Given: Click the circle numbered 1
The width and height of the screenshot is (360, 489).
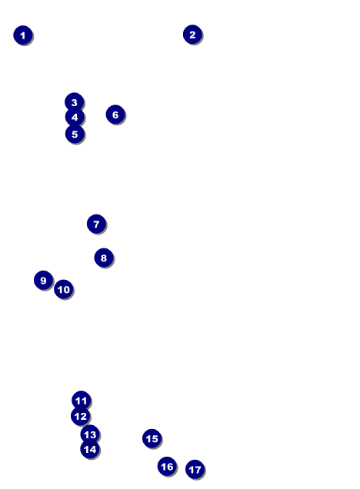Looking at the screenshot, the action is [23, 35].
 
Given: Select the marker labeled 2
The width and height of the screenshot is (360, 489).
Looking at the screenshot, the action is [192, 35].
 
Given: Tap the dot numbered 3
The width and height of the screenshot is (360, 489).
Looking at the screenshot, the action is [75, 102].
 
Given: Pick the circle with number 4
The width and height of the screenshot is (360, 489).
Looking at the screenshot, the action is [75, 118].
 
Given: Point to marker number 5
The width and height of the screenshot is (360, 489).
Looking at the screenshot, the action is [75, 134].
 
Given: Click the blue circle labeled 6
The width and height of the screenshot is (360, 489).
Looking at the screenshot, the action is [115, 115].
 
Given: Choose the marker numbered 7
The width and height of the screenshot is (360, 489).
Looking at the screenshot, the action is [96, 224].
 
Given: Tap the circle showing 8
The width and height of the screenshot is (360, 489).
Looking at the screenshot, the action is [104, 258].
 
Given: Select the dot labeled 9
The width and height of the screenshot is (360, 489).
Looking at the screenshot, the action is [43, 280].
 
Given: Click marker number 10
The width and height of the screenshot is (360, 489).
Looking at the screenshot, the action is [64, 289].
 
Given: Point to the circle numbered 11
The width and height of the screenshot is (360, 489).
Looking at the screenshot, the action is [81, 400].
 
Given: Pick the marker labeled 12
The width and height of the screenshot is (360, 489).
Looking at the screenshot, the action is [81, 416].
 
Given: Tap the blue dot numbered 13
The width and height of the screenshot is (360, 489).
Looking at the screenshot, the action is [90, 434].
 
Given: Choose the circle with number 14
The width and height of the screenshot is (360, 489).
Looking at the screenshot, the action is [90, 449].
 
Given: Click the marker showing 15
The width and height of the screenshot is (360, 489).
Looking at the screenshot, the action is [152, 438].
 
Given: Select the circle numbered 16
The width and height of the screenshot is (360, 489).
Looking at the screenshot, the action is [167, 466].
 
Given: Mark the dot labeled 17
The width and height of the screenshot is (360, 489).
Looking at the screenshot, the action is [195, 469].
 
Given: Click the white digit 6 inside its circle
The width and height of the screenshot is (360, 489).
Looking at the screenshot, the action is [115, 115].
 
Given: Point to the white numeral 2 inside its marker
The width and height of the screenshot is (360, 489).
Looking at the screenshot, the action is [192, 35].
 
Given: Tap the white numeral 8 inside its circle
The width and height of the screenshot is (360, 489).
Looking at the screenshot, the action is [104, 258].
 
